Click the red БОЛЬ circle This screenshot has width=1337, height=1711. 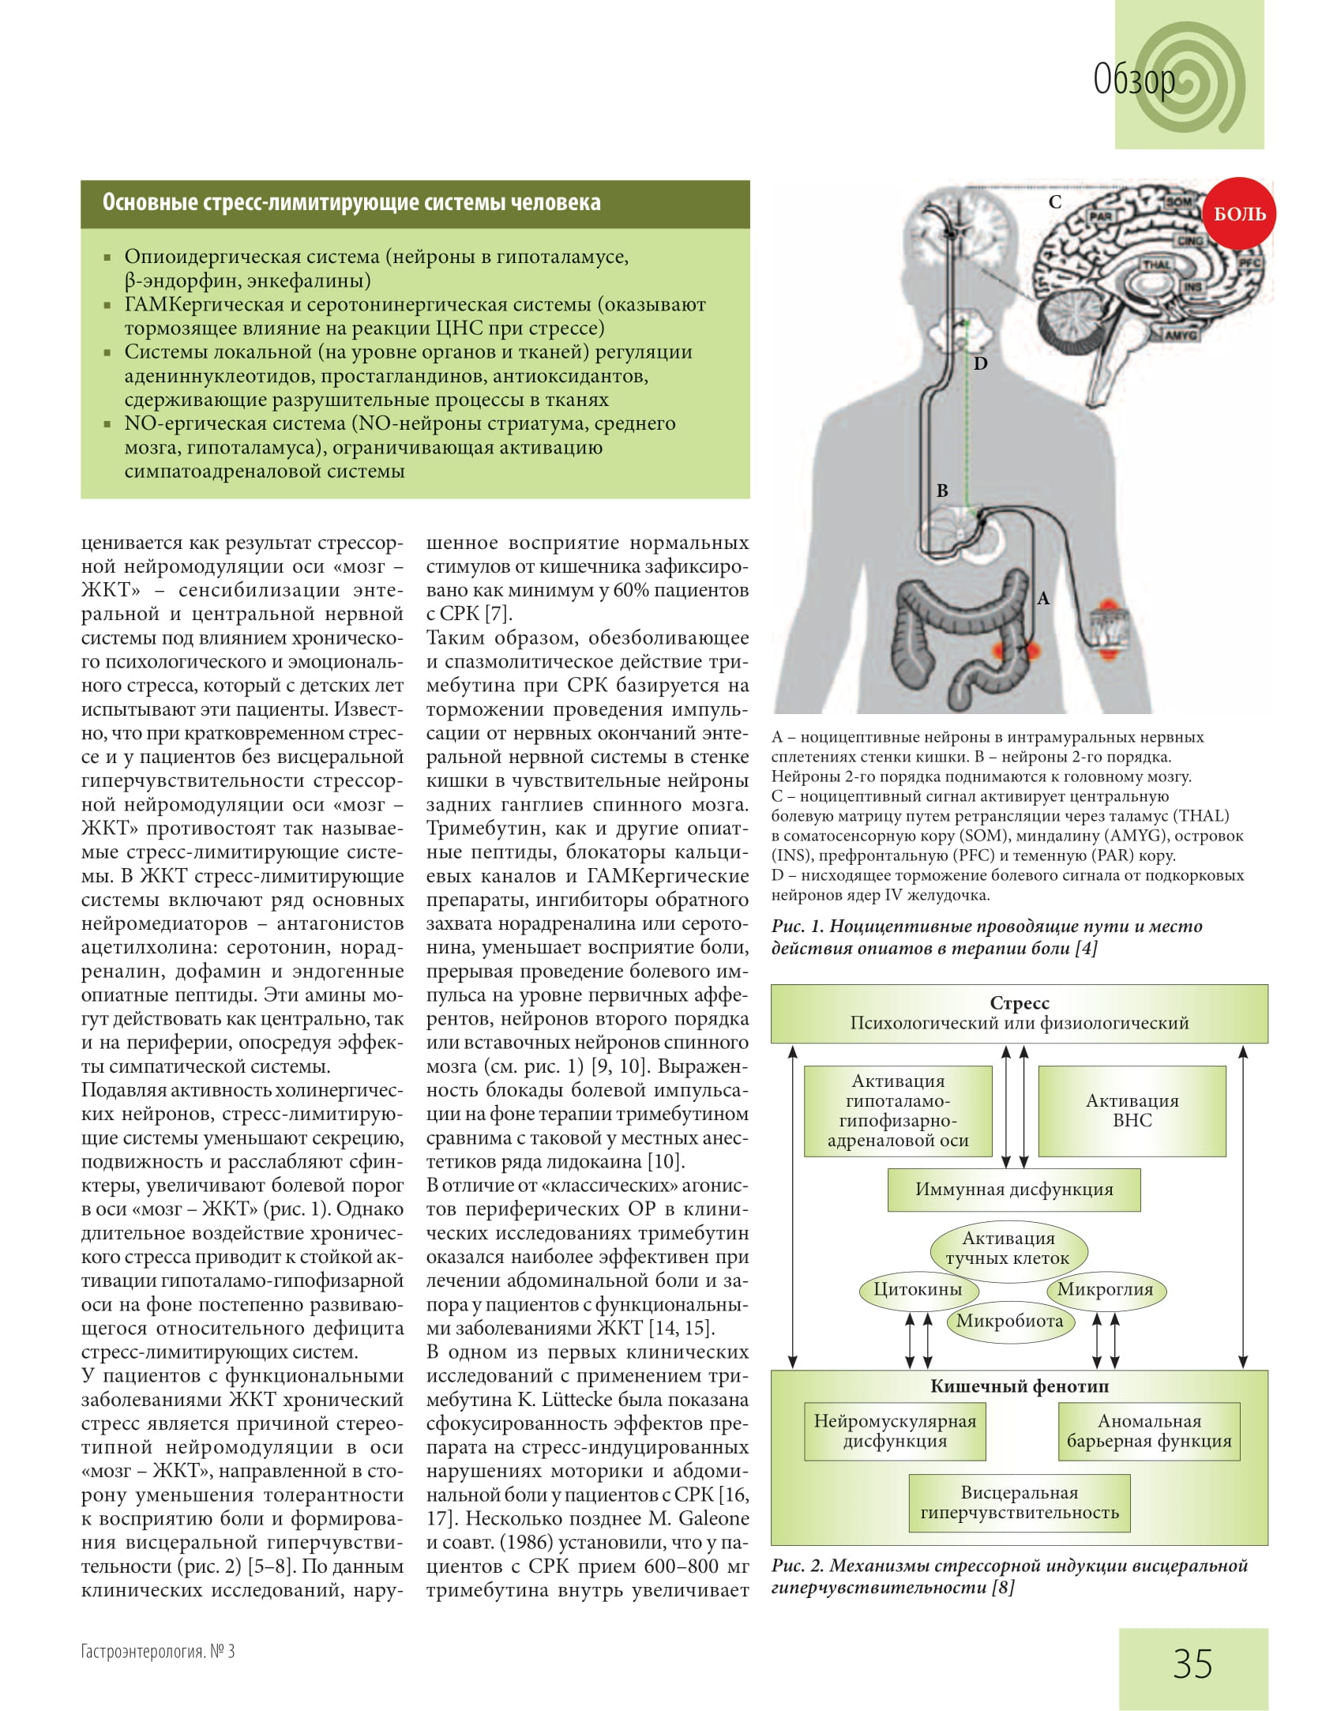(x=1239, y=213)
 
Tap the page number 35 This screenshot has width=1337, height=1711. (x=1192, y=1663)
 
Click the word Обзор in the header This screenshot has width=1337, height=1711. (x=1134, y=79)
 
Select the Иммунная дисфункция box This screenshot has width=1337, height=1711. (x=1014, y=1190)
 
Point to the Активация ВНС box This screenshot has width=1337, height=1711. (x=1132, y=1111)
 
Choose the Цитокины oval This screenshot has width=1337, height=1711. (x=918, y=1290)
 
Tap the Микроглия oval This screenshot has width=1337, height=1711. (x=1105, y=1290)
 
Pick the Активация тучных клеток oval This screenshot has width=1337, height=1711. (x=1008, y=1248)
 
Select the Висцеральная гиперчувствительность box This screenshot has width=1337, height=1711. (x=1020, y=1502)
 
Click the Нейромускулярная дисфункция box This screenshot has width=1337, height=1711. (x=895, y=1431)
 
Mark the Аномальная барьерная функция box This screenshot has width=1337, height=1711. (x=1149, y=1431)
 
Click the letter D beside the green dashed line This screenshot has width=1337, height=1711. (x=980, y=363)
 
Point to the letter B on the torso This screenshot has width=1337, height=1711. (x=942, y=491)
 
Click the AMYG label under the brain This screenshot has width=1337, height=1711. (x=1181, y=335)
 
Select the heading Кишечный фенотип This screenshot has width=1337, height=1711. (x=1020, y=1386)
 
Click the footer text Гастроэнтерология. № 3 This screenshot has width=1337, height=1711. (x=158, y=1652)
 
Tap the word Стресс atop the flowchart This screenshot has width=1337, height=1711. (x=1020, y=1003)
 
